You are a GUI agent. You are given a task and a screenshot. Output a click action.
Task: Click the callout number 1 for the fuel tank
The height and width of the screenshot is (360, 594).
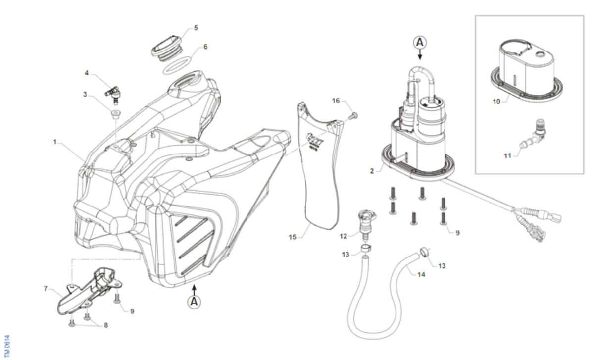[55, 142]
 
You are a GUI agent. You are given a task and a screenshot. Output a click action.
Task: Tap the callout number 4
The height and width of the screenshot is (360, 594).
[87, 73]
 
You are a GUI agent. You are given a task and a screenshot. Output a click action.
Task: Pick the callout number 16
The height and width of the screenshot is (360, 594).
[336, 101]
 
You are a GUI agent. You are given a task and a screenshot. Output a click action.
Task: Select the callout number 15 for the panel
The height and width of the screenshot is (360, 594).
[292, 237]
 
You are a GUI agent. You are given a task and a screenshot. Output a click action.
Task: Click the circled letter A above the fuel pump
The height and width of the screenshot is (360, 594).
[420, 43]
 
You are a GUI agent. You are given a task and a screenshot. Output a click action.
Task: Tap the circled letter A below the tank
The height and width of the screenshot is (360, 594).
[194, 301]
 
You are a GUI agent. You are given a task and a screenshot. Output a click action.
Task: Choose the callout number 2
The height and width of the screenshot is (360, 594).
[371, 171]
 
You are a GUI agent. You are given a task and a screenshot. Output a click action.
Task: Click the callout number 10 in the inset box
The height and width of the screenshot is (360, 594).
[496, 102]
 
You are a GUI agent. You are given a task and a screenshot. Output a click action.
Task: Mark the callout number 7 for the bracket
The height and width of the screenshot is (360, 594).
[46, 288]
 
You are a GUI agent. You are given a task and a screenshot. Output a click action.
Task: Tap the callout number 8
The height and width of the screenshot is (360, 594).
[106, 325]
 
